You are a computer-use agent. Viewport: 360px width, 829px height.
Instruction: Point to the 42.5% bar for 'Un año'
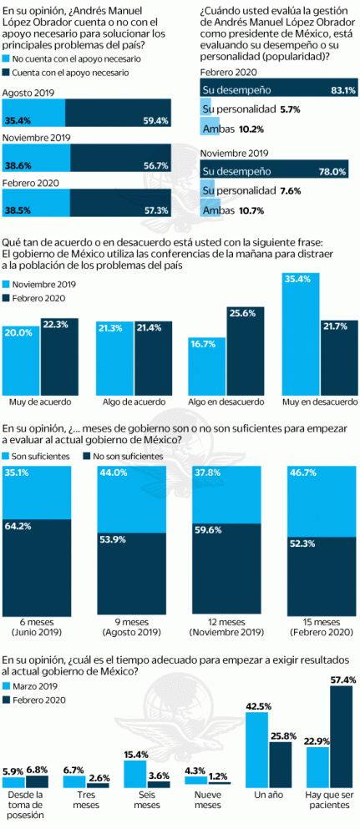point(256,748)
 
